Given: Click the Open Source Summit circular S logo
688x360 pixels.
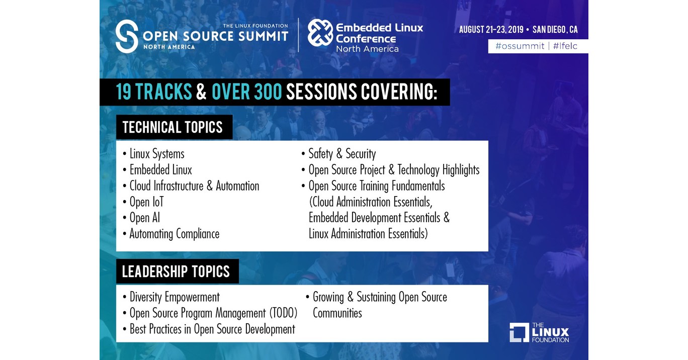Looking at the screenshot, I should [127, 36].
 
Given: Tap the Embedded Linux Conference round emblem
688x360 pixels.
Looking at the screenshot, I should [320, 33].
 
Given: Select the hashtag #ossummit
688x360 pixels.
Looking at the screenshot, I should [520, 46].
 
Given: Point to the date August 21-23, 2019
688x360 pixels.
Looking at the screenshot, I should [490, 30].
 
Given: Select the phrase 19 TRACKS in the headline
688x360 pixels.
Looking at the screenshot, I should [154, 92].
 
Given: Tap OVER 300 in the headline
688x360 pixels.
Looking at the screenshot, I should [247, 92].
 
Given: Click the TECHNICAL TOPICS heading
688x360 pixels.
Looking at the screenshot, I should [173, 127].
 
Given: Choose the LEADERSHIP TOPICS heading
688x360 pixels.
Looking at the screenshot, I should [176, 272].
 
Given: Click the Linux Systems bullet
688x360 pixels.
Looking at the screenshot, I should [156, 154].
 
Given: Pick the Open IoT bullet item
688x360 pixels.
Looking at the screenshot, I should [146, 202].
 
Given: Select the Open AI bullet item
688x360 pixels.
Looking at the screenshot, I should [145, 218].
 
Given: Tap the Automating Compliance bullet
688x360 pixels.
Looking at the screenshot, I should [174, 234].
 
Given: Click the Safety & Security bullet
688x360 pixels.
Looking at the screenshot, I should [341, 154].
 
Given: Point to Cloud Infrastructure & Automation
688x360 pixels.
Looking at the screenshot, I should [194, 186].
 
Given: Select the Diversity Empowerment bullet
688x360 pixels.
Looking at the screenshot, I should [174, 297].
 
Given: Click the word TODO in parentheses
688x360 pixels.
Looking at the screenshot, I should [282, 313].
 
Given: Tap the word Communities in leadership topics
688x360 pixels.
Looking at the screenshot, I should [337, 313].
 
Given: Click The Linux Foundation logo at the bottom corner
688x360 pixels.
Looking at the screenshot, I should [539, 332].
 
